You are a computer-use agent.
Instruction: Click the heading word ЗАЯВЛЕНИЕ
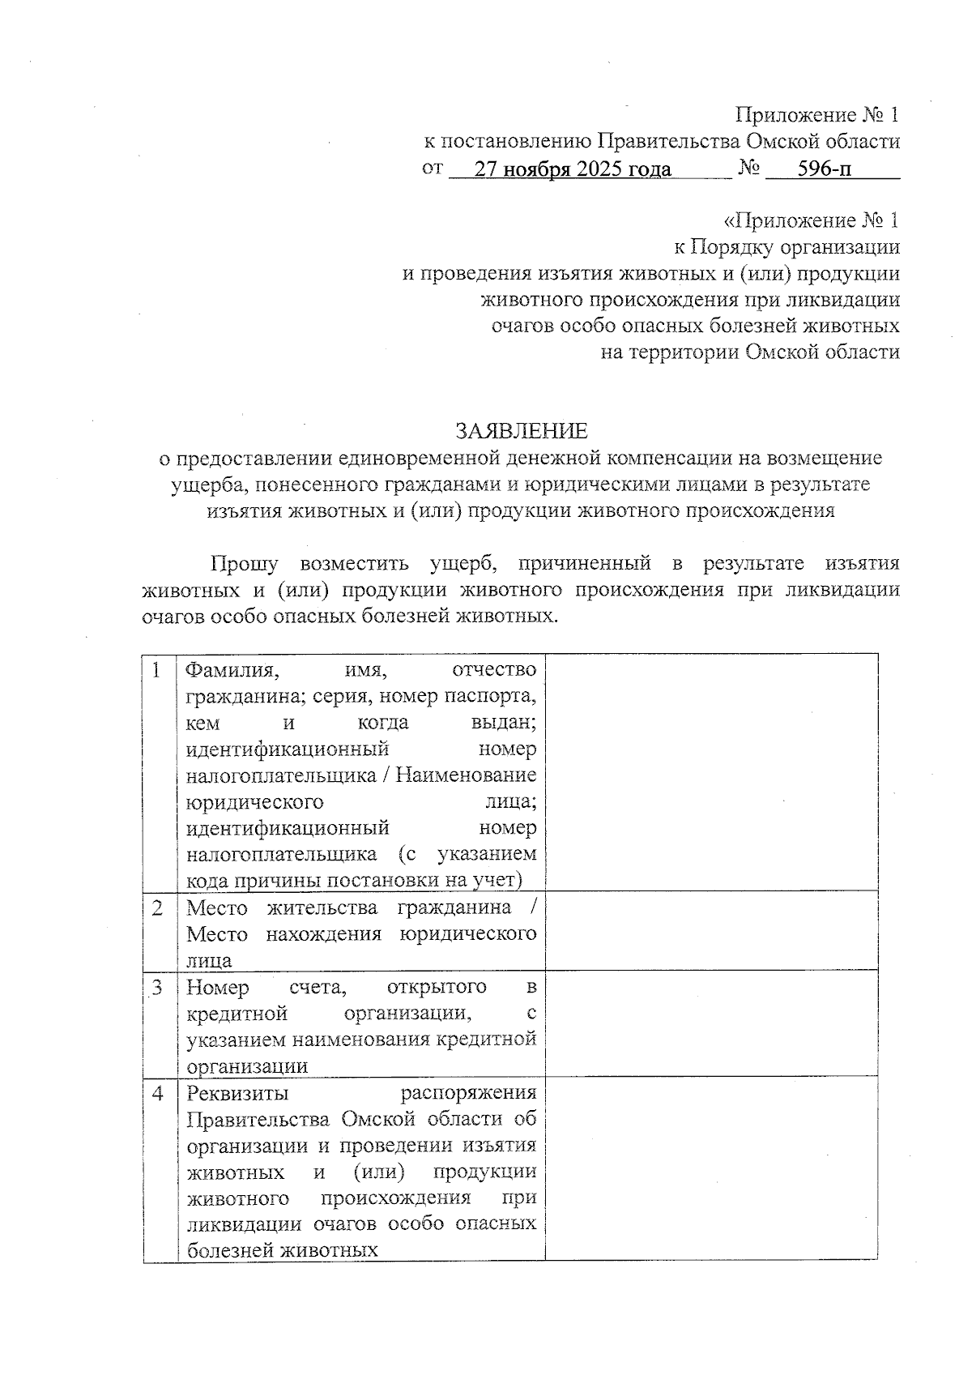coord(521,430)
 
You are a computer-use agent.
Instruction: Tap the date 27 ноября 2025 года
coord(573,169)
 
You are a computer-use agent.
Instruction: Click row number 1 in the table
coord(156,670)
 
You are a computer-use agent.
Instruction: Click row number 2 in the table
coord(157,908)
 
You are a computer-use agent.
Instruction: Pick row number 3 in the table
coord(157,988)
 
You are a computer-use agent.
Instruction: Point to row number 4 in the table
coord(157,1094)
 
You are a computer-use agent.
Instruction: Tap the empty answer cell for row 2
coord(711,930)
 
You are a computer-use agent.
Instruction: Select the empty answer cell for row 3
coord(711,1023)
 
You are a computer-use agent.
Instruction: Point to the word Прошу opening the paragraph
coord(245,563)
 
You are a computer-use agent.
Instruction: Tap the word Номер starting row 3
coord(218,988)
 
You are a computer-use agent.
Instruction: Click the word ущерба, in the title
coord(199,485)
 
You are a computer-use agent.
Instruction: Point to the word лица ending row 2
coord(209,961)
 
